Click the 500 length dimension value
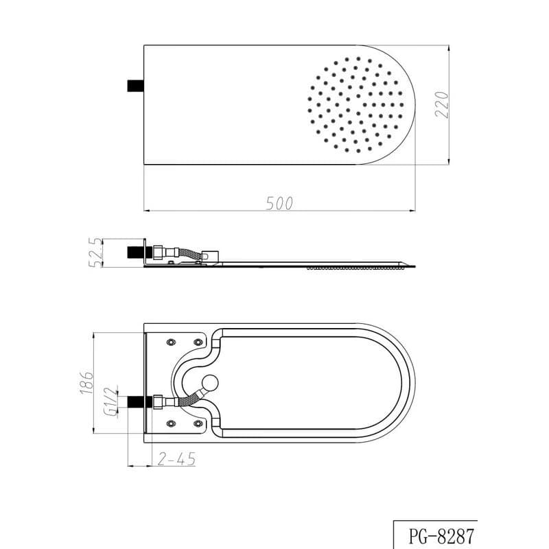(x=279, y=203)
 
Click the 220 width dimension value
(x=442, y=104)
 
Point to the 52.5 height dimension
(x=95, y=253)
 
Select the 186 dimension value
(x=86, y=382)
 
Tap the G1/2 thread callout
(x=110, y=401)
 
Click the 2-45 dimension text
(x=176, y=458)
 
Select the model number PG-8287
(x=441, y=536)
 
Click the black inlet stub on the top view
(x=135, y=86)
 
